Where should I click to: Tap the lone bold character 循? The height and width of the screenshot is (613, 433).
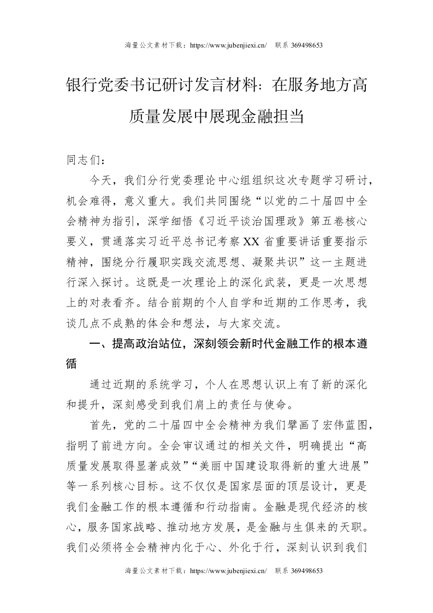72,364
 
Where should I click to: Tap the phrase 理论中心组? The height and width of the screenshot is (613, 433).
213,180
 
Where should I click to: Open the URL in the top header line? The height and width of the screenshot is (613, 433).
227,45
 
